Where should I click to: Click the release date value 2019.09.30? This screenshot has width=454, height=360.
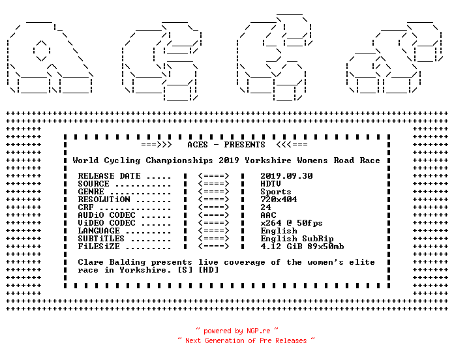tap(286, 176)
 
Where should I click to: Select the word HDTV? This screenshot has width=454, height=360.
tap(271, 184)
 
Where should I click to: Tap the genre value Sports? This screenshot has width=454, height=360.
tap(276, 192)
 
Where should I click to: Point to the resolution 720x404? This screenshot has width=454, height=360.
tap(279, 200)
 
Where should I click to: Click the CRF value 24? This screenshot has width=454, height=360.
tap(265, 207)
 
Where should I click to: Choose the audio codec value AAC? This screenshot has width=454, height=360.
tap(268, 215)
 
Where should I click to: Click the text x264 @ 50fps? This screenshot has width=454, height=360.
tap(292, 223)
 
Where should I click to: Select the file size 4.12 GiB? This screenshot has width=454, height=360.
tap(281, 247)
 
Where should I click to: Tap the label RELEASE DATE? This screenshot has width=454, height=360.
tap(109, 176)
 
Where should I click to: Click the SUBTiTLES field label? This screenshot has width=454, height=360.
tap(101, 239)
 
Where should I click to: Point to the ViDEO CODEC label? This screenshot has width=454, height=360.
tap(106, 223)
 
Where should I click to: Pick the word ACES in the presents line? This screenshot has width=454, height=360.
tap(198, 145)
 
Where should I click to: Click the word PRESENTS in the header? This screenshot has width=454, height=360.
tap(245, 145)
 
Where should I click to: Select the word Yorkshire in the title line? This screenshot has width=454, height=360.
tap(268, 160)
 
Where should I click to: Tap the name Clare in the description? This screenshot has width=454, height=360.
tap(91, 262)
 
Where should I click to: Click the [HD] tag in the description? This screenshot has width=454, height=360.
tap(209, 270)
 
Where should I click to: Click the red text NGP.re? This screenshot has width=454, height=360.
tap(258, 331)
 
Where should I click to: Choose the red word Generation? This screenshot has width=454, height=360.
tap(224, 340)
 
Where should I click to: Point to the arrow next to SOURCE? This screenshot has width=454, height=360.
tap(214, 184)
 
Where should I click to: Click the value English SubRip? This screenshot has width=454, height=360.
tap(297, 239)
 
